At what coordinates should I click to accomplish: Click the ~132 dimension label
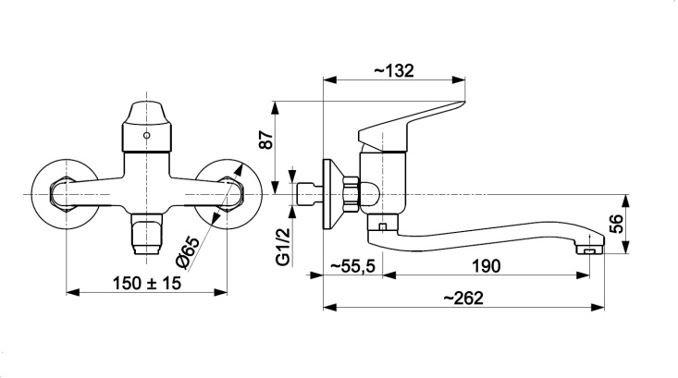point(393,70)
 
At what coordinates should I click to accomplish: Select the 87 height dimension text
point(266,140)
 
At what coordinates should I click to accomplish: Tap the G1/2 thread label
point(283,247)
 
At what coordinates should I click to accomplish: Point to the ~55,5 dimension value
point(352,266)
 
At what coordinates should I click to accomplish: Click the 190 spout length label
point(486,266)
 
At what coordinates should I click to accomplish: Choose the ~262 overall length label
point(463,299)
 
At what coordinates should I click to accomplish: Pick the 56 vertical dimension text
point(618,224)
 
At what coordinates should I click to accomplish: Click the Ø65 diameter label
point(188,252)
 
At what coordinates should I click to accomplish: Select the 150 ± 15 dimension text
point(146,284)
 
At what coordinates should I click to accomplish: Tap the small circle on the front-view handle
point(146,135)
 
